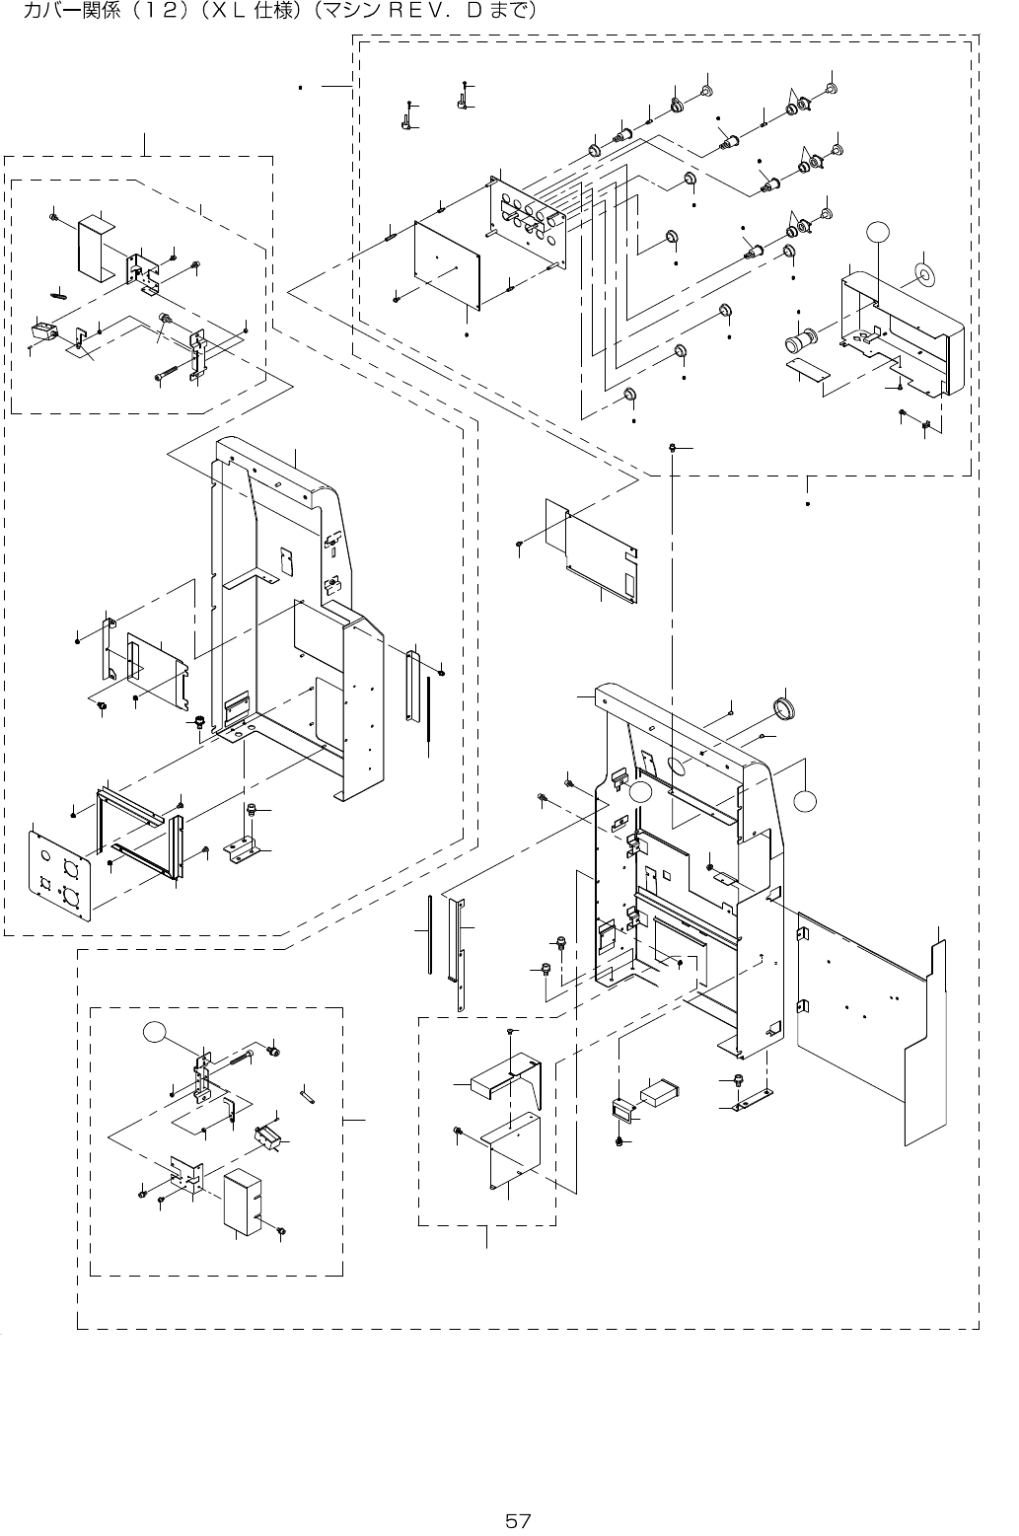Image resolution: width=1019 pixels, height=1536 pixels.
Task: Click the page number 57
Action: point(518,1520)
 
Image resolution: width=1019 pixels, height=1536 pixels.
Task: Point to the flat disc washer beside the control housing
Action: point(924,274)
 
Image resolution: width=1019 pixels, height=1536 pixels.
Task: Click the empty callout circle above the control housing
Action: point(878,232)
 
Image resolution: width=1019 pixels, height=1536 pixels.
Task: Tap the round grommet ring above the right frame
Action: point(786,709)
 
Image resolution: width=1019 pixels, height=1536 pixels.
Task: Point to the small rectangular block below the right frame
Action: point(658,1094)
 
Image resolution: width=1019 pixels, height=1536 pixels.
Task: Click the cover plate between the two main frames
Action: point(591,547)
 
